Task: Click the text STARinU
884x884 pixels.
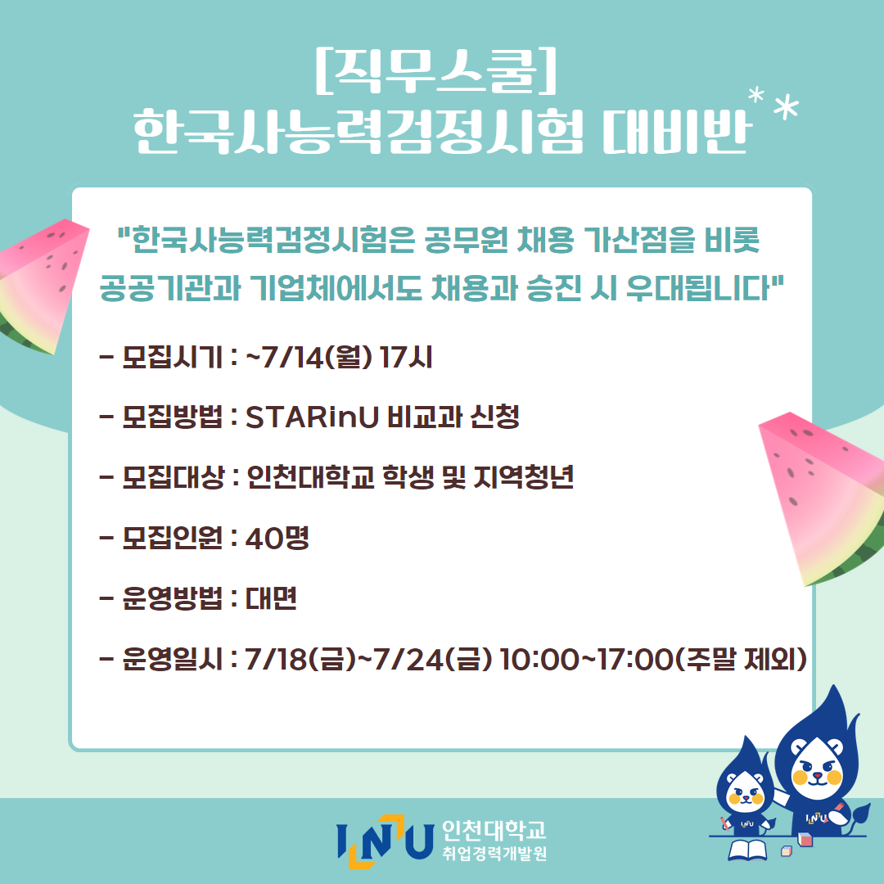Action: tap(312, 417)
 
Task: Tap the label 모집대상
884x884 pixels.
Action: tap(173, 477)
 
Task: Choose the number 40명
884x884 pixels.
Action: tap(277, 538)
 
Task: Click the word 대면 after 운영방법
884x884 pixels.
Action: tap(271, 598)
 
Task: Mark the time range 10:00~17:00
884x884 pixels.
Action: tap(586, 659)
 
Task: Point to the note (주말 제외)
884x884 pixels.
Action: tap(741, 659)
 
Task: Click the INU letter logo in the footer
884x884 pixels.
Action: tap(385, 840)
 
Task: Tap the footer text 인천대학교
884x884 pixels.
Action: tap(494, 829)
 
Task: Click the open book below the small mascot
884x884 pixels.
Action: tap(747, 850)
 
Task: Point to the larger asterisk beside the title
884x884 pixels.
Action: tap(785, 107)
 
